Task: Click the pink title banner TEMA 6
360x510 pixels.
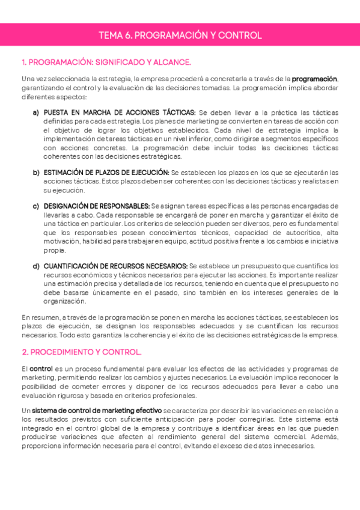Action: click(180, 35)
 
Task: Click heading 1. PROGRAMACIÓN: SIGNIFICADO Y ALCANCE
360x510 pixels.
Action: click(106, 62)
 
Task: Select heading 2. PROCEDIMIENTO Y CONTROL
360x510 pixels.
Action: click(82, 352)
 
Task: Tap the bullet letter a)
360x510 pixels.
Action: click(36, 113)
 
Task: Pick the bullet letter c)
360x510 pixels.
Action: click(36, 206)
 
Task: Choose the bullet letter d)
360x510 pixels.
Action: click(36, 266)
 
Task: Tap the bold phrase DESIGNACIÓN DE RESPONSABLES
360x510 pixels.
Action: click(96, 206)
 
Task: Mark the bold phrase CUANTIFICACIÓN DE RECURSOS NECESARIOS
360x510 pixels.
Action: click(115, 266)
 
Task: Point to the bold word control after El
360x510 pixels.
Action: click(41, 369)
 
